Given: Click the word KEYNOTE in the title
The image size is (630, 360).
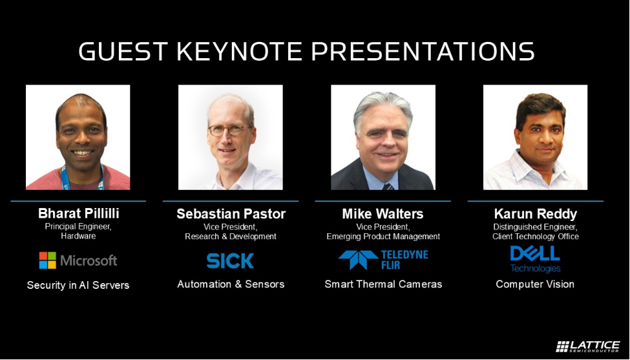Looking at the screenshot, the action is point(239,52).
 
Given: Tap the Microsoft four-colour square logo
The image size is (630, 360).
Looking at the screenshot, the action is point(47,260).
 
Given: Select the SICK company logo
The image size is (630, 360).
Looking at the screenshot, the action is point(230,260).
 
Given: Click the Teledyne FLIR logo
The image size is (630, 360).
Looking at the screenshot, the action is point(383,260).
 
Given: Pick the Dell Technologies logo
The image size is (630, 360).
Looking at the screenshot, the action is point(535,259).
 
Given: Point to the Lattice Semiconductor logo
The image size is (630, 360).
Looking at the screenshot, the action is point(587,346).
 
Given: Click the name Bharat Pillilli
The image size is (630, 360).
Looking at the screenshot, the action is point(78,213).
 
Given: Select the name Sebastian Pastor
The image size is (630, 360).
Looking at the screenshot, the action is point(231,214).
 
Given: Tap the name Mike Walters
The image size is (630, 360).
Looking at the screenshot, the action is point(383,214).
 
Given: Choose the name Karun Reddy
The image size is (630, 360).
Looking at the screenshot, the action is point(536,214).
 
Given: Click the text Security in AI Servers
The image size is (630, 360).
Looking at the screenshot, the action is point(78,285).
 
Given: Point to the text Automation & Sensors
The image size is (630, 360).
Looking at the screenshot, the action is point(231,284).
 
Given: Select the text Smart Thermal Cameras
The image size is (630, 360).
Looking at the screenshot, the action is point(383,284).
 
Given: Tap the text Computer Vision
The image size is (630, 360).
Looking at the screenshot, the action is point(535,284).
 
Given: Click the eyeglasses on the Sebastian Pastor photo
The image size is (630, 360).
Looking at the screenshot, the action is point(229,130).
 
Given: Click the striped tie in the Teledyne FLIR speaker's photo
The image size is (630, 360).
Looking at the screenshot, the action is point(388,186).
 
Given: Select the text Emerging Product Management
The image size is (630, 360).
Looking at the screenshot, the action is point(383,237).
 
